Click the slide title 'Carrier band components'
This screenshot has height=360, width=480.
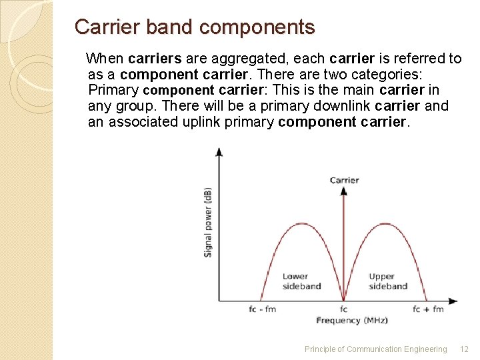(194, 27)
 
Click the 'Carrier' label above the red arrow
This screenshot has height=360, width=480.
(344, 180)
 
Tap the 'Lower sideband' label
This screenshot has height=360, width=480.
(301, 281)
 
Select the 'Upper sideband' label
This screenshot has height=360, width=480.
(387, 281)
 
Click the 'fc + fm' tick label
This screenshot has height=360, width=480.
(428, 309)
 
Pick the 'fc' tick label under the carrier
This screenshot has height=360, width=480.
(344, 309)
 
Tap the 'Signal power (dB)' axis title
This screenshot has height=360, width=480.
(208, 223)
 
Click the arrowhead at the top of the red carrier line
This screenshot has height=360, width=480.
(344, 191)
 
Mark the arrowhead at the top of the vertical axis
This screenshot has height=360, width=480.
(219, 151)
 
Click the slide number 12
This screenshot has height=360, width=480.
(465, 349)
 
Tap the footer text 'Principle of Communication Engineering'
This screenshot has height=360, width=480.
(375, 349)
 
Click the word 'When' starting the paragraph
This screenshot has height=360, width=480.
(105, 59)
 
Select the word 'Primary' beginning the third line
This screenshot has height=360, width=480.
(113, 90)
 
